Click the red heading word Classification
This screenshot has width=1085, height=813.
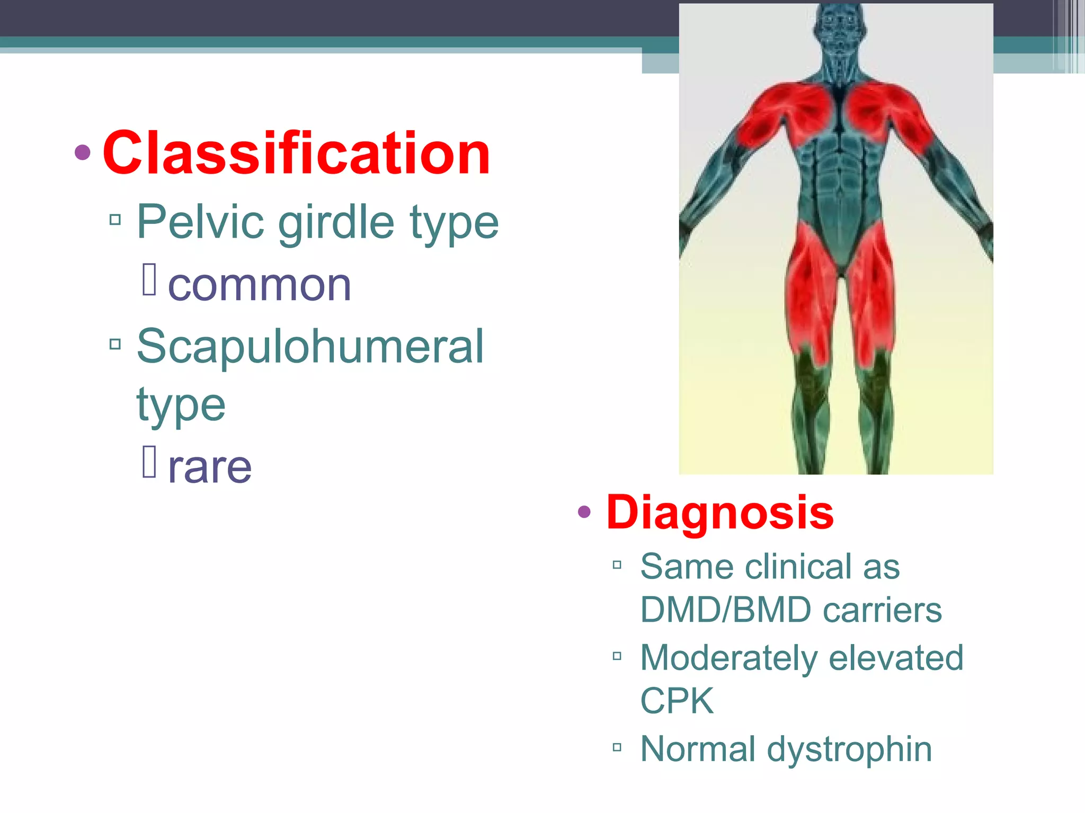coord(296,153)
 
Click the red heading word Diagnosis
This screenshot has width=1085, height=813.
coord(720,512)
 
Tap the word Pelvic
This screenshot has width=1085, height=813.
coord(200,222)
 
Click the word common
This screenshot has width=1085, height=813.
coord(259,286)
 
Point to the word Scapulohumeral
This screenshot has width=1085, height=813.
coord(310,346)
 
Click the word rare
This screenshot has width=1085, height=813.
coord(210,468)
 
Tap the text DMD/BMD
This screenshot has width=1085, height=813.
coord(725,610)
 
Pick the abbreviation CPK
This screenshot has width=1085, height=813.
coord(677,701)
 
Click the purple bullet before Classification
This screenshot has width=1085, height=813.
coord(83,153)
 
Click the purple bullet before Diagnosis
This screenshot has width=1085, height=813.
coord(584,512)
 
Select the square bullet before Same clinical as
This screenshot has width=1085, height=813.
coord(617,565)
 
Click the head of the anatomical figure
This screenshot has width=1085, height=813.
coord(839,26)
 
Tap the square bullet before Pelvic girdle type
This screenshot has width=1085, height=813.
coord(115,219)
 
